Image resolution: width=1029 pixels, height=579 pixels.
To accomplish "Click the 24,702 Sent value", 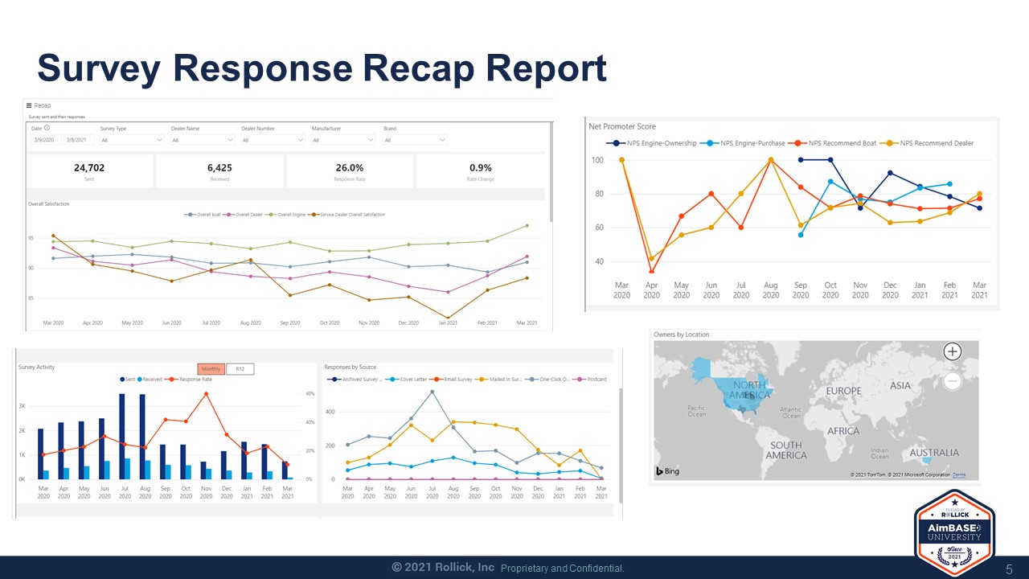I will pyautogui.click(x=89, y=168).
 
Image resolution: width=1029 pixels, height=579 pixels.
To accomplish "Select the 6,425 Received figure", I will pyautogui.click(x=219, y=168).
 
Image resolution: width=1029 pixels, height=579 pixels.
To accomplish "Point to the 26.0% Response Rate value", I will pyautogui.click(x=350, y=168).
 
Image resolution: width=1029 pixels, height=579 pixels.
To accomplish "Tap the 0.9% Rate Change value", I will pyautogui.click(x=480, y=168).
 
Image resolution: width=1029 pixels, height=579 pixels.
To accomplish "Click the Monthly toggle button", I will pyautogui.click(x=211, y=369).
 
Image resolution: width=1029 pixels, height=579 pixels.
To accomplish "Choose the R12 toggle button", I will pyautogui.click(x=240, y=369).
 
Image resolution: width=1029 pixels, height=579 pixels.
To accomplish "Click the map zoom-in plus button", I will pyautogui.click(x=952, y=351).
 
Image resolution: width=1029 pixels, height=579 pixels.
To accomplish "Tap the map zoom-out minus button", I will pyautogui.click(x=952, y=380).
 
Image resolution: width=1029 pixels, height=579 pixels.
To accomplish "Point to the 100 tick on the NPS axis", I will pyautogui.click(x=596, y=160).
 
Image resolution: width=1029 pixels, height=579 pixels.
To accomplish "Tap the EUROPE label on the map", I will pyautogui.click(x=843, y=391).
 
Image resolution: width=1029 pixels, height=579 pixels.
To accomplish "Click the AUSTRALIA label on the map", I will pyautogui.click(x=933, y=453).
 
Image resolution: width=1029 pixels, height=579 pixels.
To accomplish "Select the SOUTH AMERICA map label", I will pyautogui.click(x=785, y=450).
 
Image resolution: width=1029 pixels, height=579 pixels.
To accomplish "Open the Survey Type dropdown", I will pyautogui.click(x=132, y=140).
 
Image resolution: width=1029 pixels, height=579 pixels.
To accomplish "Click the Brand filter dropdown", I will pyautogui.click(x=415, y=140).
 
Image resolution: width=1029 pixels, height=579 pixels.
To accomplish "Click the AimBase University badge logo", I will pyautogui.click(x=954, y=532).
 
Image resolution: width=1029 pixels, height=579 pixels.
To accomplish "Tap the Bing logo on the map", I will pyautogui.click(x=667, y=471).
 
